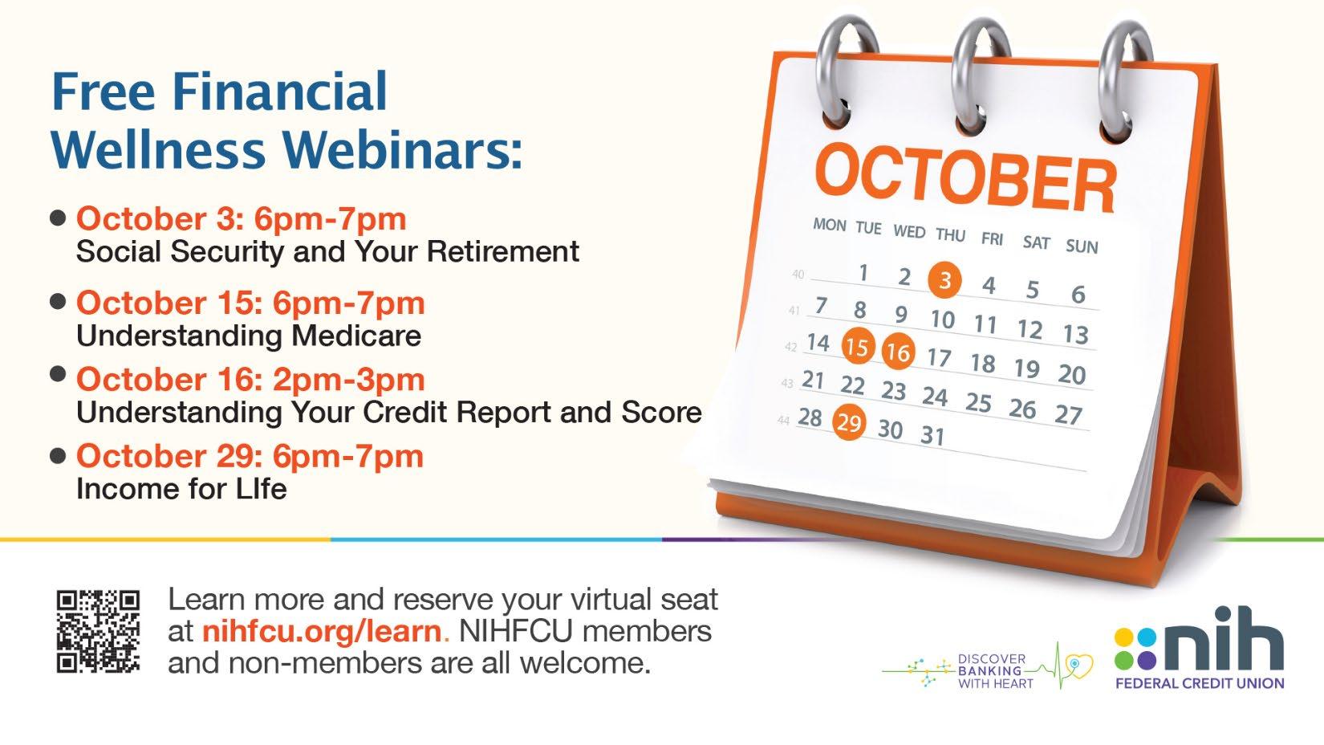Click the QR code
pyautogui.click(x=98, y=631)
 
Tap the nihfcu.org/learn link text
pyautogui.click(x=322, y=632)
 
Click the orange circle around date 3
pyautogui.click(x=944, y=279)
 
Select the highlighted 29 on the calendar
pyautogui.click(x=850, y=423)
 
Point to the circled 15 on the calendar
pyautogui.click(x=858, y=347)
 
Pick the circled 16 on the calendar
pyautogui.click(x=899, y=352)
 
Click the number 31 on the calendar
pyautogui.click(x=932, y=436)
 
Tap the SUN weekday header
pyautogui.click(x=1082, y=246)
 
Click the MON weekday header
pyautogui.click(x=829, y=225)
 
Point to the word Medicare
pyautogui.click(x=355, y=336)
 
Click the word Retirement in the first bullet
pyautogui.click(x=502, y=251)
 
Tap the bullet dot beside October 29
pyautogui.click(x=58, y=456)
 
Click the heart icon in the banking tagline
pyautogui.click(x=1080, y=666)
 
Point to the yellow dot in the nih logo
pyautogui.click(x=1123, y=637)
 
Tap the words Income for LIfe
pyautogui.click(x=181, y=489)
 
